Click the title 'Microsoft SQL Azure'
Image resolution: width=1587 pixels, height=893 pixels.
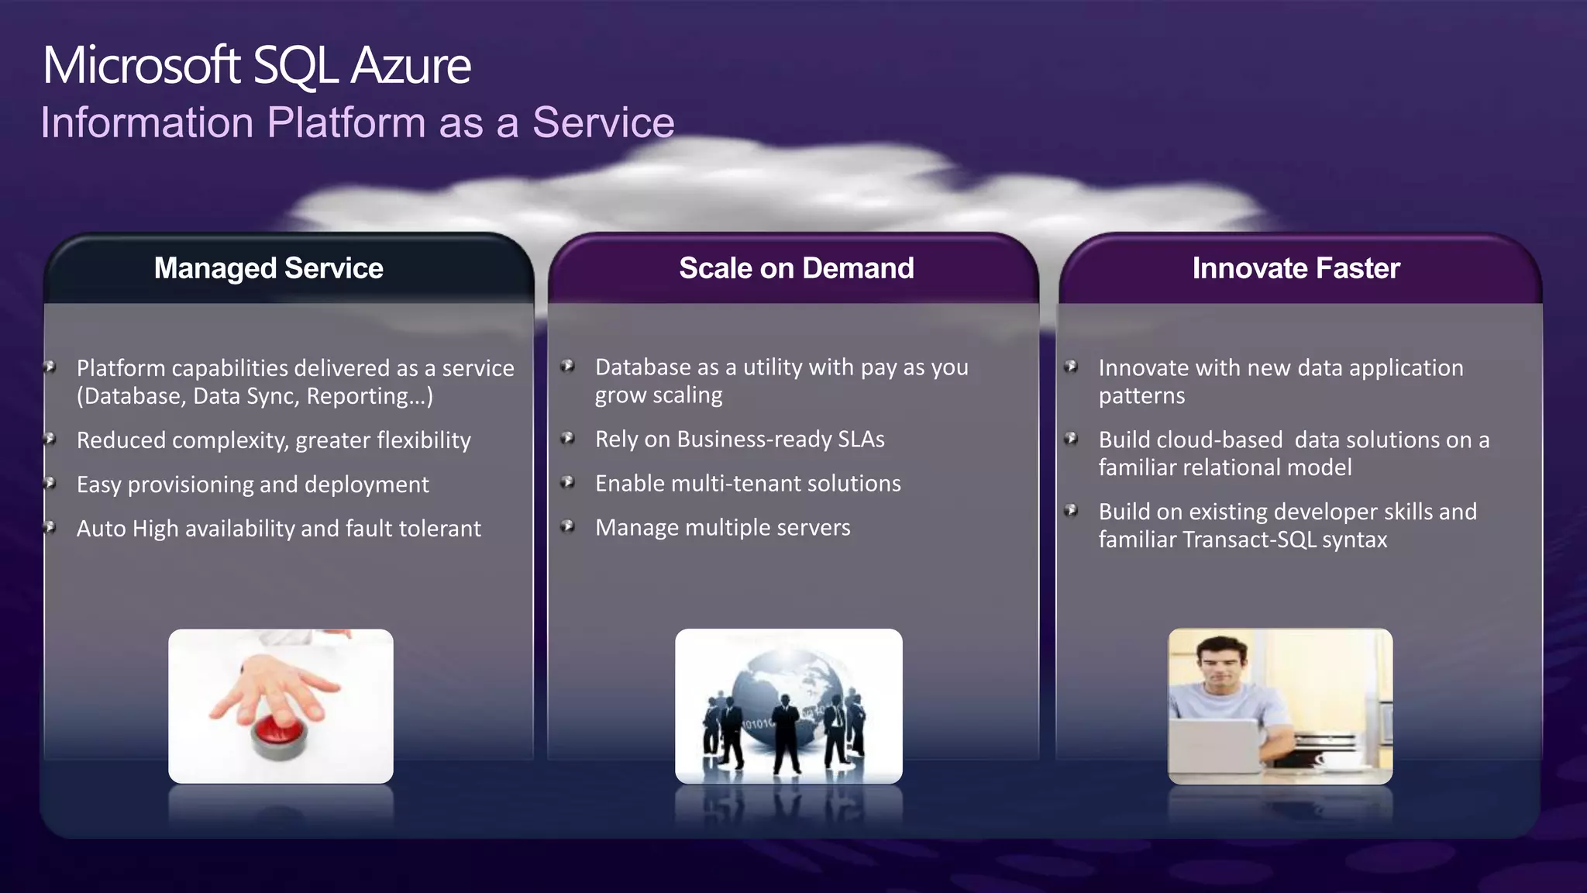[x=256, y=65]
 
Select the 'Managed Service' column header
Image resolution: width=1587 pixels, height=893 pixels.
[x=268, y=268]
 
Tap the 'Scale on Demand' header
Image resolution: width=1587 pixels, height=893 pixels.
[x=796, y=268]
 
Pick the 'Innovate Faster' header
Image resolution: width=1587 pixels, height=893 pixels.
[x=1296, y=268]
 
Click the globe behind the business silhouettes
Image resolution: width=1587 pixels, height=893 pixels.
[x=783, y=682]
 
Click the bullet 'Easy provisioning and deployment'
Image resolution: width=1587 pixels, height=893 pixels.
[x=253, y=484]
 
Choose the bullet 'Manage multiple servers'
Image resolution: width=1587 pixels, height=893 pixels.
[x=722, y=528]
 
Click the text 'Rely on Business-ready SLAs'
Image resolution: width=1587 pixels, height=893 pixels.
[x=739, y=440]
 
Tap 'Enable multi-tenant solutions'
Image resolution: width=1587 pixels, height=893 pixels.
[x=748, y=484]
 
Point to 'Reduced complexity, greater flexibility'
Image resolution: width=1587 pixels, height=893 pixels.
[x=274, y=440]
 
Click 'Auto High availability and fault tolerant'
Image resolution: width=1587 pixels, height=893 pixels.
[x=278, y=529]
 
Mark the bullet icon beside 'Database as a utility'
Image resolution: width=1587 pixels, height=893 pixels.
[x=568, y=366]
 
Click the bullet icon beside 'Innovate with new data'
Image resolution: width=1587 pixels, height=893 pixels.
[x=1071, y=366]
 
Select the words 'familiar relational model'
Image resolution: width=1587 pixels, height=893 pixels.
[x=1224, y=467]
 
